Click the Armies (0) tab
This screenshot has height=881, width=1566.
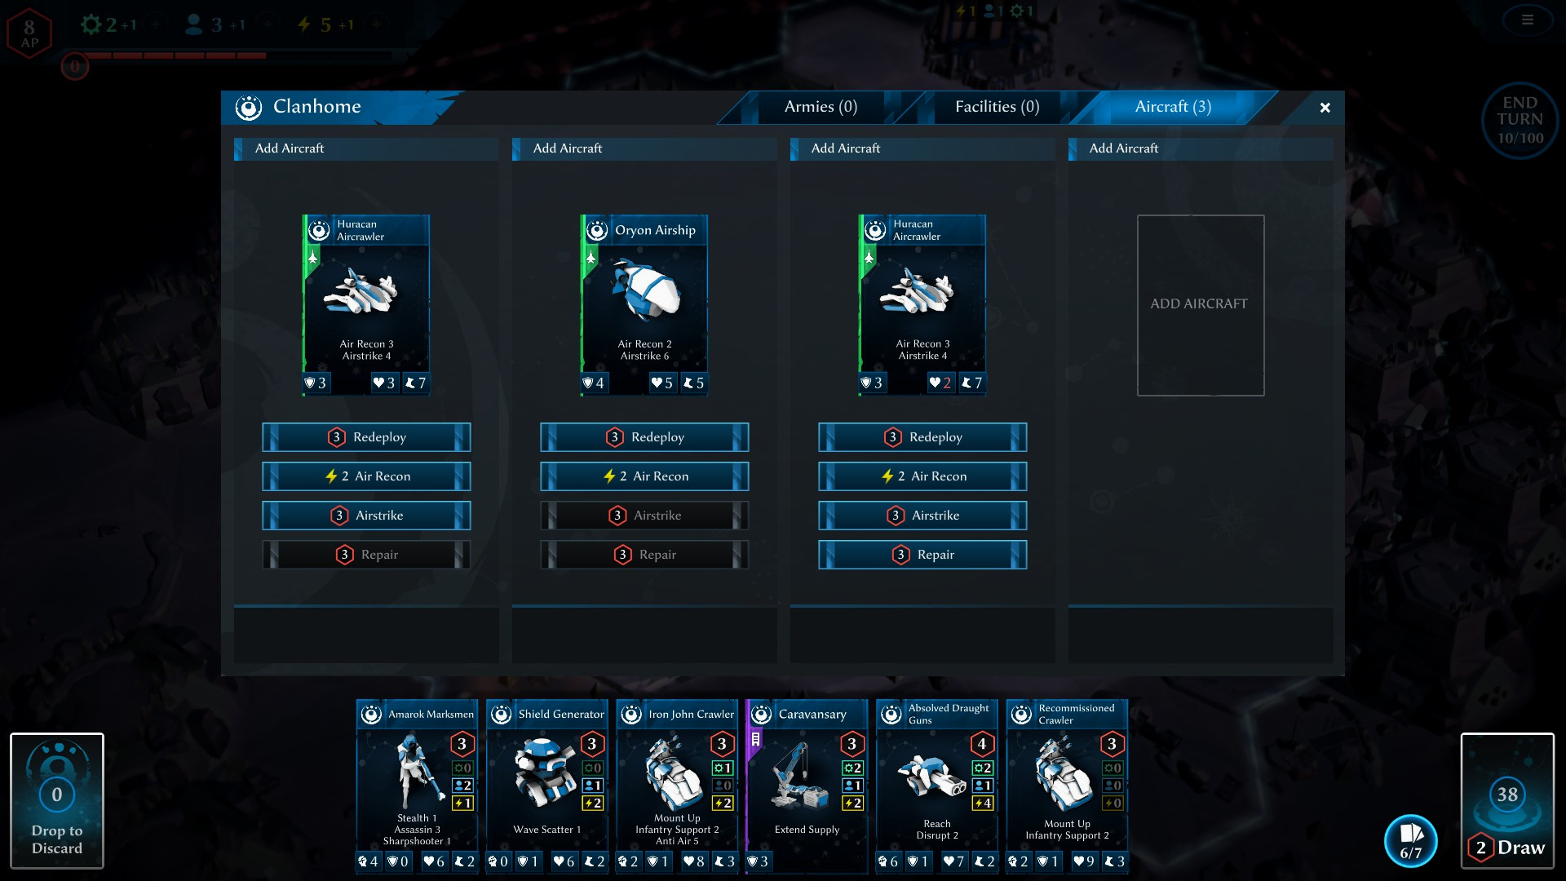tap(821, 107)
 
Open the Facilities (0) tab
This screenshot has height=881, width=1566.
tap(997, 107)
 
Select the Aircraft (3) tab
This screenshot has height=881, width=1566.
tap(1173, 107)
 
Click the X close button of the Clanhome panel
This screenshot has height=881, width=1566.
tap(1325, 108)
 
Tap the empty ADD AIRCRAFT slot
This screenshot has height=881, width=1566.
tap(1201, 305)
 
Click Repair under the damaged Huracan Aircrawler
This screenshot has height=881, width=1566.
tap(922, 555)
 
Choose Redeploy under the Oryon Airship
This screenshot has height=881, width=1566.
tap(644, 437)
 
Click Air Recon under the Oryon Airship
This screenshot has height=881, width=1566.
tap(644, 476)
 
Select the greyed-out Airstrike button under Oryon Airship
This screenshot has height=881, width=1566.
tap(644, 516)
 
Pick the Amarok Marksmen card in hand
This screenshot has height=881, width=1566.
tap(417, 786)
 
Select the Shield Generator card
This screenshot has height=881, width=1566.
tap(547, 786)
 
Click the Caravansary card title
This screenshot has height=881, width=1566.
tap(812, 715)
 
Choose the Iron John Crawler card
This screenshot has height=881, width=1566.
tap(677, 786)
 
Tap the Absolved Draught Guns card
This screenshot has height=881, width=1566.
tap(937, 786)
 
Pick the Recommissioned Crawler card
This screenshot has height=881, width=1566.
tap(1067, 786)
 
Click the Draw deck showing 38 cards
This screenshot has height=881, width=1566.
tap(1507, 801)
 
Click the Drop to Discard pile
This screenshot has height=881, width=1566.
tap(57, 801)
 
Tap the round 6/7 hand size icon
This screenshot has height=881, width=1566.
tap(1411, 841)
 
